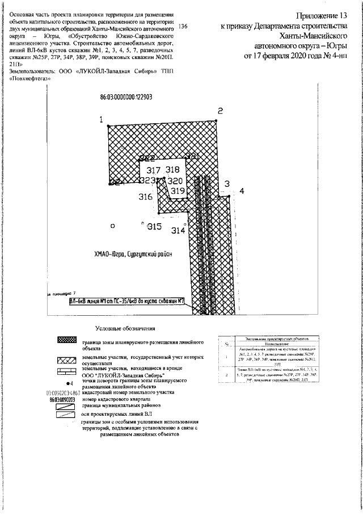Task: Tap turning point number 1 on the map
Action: click(x=102, y=120)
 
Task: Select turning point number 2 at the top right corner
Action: click(x=221, y=111)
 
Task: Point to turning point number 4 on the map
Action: click(x=242, y=191)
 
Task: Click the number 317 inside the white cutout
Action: click(x=153, y=170)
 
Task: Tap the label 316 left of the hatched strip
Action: click(x=146, y=197)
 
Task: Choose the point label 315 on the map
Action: click(x=154, y=226)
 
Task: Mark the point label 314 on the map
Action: click(x=178, y=230)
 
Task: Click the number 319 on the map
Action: click(x=178, y=191)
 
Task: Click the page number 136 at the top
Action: click(x=183, y=27)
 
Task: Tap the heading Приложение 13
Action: click(x=321, y=16)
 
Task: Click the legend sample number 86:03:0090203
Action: click(x=63, y=399)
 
